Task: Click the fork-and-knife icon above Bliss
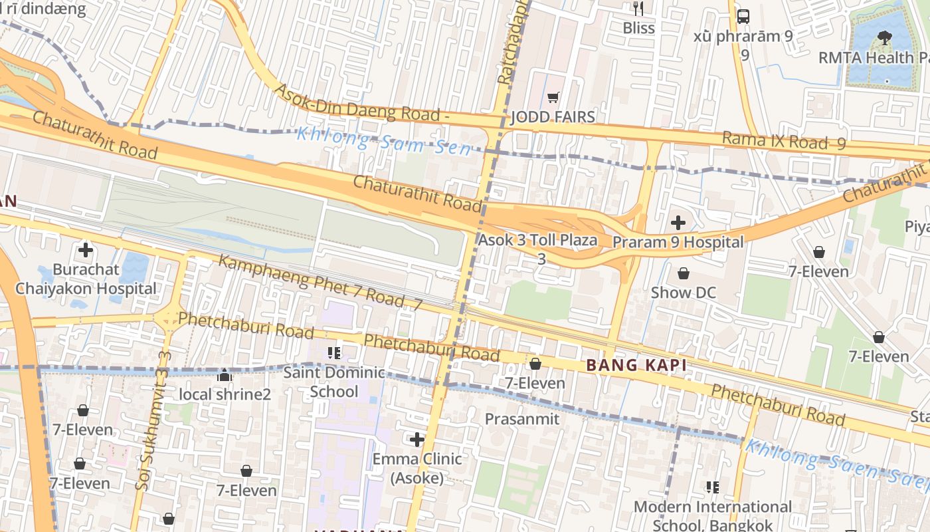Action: pyautogui.click(x=638, y=9)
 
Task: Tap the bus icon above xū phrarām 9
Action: pyautogui.click(x=743, y=17)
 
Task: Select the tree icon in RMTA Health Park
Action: pyautogui.click(x=884, y=37)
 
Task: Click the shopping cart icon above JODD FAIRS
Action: pyautogui.click(x=553, y=98)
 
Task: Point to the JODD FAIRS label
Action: pyautogui.click(x=553, y=118)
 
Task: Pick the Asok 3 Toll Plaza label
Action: pyautogui.click(x=538, y=240)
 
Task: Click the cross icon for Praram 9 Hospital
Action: pyautogui.click(x=678, y=222)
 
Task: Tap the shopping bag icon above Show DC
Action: pyautogui.click(x=683, y=273)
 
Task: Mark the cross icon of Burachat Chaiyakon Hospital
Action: pyautogui.click(x=86, y=251)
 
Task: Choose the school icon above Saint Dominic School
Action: pyautogui.click(x=334, y=352)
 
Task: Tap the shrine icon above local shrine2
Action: pyautogui.click(x=225, y=376)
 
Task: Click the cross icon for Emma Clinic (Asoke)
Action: pyautogui.click(x=417, y=440)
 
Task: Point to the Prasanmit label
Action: pyautogui.click(x=522, y=419)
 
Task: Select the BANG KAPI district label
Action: pyautogui.click(x=636, y=365)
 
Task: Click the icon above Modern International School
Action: pyautogui.click(x=713, y=487)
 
